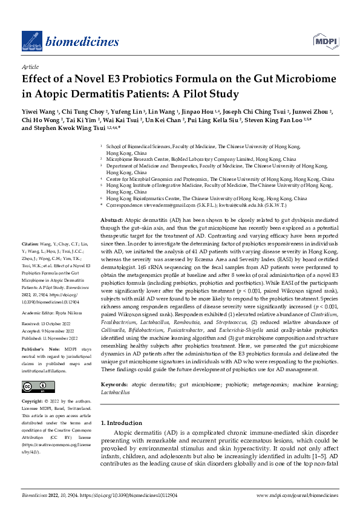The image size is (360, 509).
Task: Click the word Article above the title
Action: pyautogui.click(x=30, y=67)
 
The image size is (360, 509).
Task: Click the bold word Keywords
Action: pyautogui.click(x=114, y=384)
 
